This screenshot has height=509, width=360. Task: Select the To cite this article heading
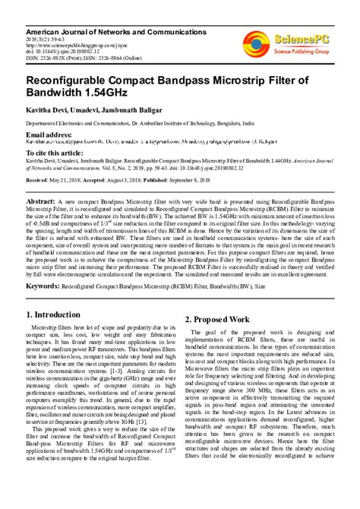click(x=57, y=153)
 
